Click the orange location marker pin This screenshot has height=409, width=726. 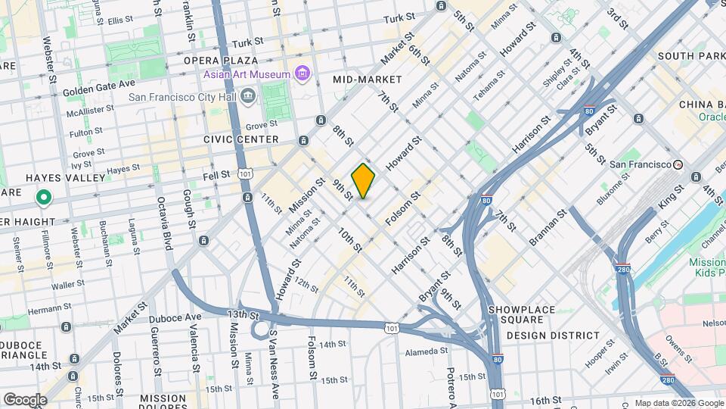[364, 180]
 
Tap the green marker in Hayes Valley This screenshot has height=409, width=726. [44, 199]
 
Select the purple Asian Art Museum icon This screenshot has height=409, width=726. [302, 73]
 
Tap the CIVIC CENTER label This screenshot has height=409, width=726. [240, 139]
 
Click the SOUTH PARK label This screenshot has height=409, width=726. [691, 56]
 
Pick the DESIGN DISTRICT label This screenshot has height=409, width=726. [553, 335]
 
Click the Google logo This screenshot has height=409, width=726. [24, 399]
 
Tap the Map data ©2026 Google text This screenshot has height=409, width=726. [678, 403]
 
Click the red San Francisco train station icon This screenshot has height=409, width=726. [678, 164]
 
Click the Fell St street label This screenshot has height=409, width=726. [216, 175]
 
